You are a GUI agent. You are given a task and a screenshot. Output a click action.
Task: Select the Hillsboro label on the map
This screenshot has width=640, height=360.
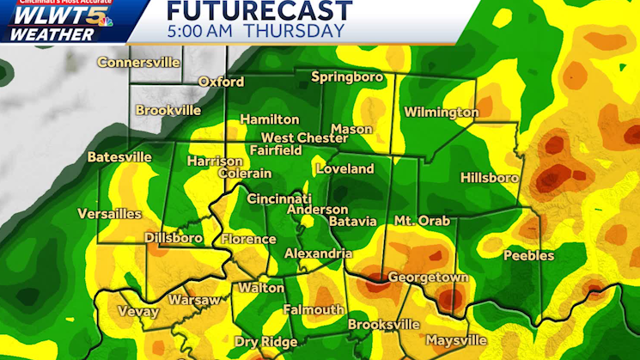coord(490,178)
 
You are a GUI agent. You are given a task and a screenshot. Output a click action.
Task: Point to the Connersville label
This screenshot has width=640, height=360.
coord(138,62)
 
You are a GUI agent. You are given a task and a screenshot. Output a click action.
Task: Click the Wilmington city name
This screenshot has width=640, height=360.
coord(441,113)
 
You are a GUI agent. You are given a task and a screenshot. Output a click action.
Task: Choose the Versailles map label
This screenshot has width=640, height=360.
coord(111,213)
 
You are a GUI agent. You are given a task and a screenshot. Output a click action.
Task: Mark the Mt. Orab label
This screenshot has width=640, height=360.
coord(421,222)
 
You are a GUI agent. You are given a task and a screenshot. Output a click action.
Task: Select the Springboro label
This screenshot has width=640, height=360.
coord(345,77)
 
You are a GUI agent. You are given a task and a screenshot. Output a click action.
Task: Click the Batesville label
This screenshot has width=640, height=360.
coord(119,157)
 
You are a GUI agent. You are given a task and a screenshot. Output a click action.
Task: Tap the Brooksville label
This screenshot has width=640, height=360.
coord(384,325)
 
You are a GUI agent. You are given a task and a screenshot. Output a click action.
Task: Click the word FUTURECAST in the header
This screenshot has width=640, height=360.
coord(259,11)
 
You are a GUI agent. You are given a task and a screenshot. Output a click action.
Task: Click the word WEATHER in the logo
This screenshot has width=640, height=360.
coord(53,34)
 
